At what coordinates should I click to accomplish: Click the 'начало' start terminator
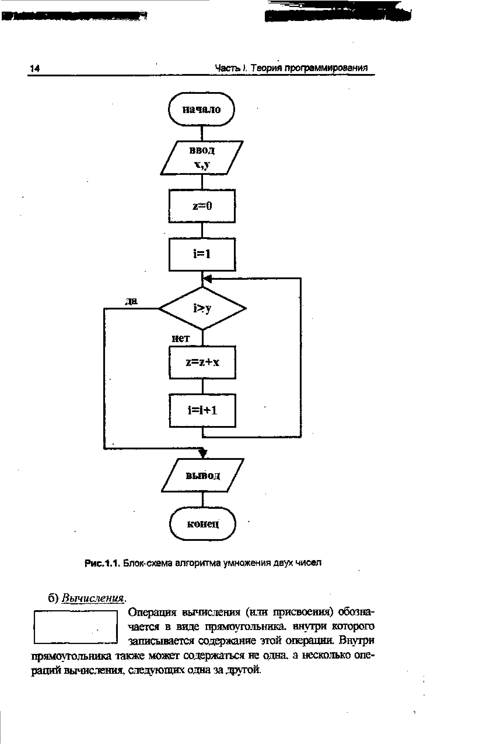201,109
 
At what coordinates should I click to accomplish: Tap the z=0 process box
202,206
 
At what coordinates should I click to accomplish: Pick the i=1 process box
202,254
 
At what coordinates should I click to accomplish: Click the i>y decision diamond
202,308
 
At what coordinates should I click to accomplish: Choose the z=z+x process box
202,362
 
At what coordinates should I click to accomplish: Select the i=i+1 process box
202,410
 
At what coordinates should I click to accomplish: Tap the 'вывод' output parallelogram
203,476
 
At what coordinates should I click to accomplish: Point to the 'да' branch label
131,301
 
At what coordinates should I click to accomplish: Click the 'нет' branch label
181,339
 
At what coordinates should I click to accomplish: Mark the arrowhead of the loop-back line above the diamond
207,278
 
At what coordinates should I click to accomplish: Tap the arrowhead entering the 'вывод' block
203,453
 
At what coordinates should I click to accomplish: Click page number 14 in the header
34,68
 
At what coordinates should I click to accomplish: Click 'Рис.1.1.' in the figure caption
101,563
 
